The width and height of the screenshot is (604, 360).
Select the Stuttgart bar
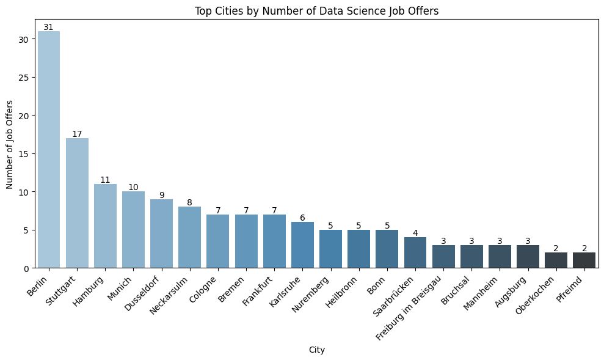pos(77,203)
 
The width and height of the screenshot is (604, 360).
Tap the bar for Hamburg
pos(105,226)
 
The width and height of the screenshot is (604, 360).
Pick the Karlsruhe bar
pos(302,245)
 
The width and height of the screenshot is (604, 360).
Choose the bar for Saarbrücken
pos(415,252)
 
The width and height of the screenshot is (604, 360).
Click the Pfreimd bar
pos(584,260)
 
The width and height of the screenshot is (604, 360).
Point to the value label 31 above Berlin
pos(49,27)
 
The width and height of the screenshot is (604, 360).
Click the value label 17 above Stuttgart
pos(77,134)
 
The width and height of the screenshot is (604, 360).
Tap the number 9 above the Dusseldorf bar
pos(162,195)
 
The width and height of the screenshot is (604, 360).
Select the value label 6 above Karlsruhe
pos(302,218)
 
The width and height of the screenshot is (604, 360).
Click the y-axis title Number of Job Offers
pos(10,145)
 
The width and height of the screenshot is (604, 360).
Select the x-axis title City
pos(316,350)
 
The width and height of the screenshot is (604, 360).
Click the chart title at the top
pos(316,10)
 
